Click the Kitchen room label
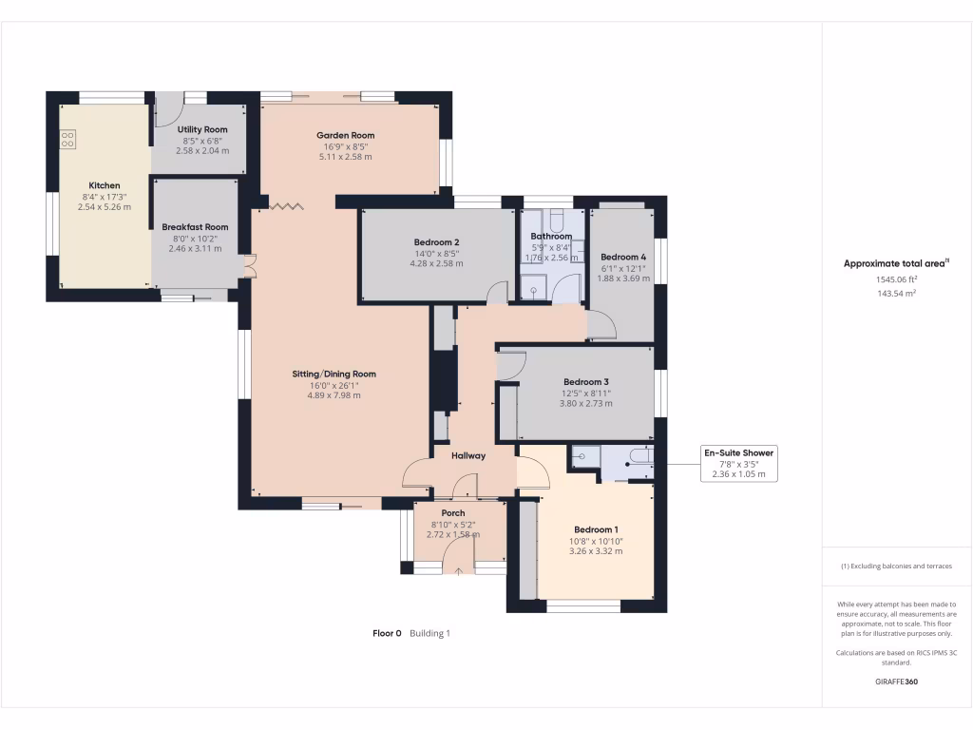pyautogui.click(x=105, y=185)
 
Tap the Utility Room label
pyautogui.click(x=201, y=129)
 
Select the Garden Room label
pyautogui.click(x=346, y=136)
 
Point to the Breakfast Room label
pyautogui.click(x=195, y=227)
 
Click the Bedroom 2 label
pyautogui.click(x=437, y=242)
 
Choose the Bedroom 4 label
pyautogui.click(x=623, y=257)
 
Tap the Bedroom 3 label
pyautogui.click(x=585, y=382)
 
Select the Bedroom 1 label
pyautogui.click(x=596, y=530)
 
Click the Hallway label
pyautogui.click(x=468, y=456)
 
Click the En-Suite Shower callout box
pyautogui.click(x=738, y=464)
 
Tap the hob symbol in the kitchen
pyautogui.click(x=67, y=141)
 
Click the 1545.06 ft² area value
pyautogui.click(x=896, y=280)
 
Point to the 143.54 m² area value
pyautogui.click(x=896, y=295)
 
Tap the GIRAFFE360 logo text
pyautogui.click(x=896, y=682)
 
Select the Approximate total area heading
pyautogui.click(x=896, y=263)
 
